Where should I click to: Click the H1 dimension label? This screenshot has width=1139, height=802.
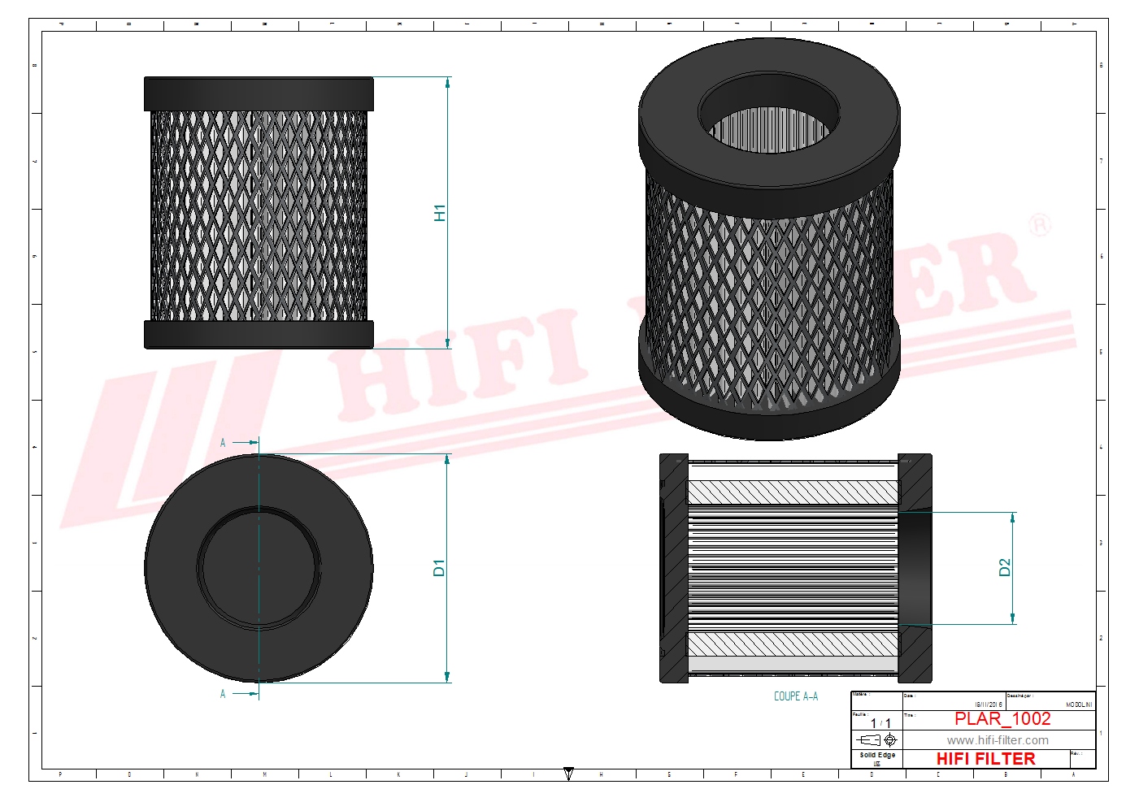pos(440,213)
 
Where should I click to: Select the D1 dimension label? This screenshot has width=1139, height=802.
pos(439,568)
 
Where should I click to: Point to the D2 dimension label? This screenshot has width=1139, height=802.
pos(1005,568)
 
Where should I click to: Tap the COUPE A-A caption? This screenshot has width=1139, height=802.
pos(795,696)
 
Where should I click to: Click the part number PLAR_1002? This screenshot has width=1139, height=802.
pos(1002,719)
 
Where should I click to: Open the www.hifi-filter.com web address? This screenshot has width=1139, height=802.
pos(998,740)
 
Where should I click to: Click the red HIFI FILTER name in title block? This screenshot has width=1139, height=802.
pos(985,759)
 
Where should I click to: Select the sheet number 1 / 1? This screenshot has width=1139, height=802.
pos(880,723)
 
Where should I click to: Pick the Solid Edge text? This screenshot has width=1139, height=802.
pos(877,755)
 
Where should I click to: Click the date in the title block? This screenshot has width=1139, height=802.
pos(989,704)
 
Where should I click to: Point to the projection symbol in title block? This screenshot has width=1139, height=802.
pos(878,739)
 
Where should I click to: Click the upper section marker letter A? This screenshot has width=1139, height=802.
pos(223,443)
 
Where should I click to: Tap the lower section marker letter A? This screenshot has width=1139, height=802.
pos(223,694)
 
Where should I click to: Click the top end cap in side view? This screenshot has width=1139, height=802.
pos(259,93)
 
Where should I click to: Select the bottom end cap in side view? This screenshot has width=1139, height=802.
pos(259,334)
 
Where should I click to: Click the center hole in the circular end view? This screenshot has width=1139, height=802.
pos(259,567)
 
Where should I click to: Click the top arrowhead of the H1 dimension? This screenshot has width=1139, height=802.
pos(448,82)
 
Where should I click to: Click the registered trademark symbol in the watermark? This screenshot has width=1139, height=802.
pos(1039,225)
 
